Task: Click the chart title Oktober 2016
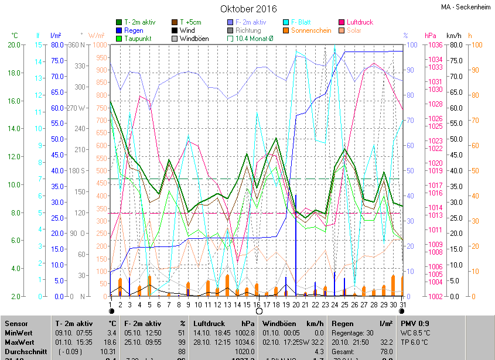pyautogui.click(x=248, y=9)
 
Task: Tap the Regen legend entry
pyautogui.click(x=134, y=30)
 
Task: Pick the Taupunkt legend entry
pyautogui.click(x=138, y=39)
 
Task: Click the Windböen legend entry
pyautogui.click(x=194, y=39)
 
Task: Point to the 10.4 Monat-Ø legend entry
pyautogui.click(x=254, y=39)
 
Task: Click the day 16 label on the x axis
pyautogui.click(x=257, y=304)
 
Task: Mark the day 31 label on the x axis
pyautogui.click(x=402, y=304)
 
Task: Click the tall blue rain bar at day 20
pyautogui.click(x=296, y=246)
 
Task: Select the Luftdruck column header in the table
pyautogui.click(x=210, y=323)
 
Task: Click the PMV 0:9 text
pyautogui.click(x=415, y=323)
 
